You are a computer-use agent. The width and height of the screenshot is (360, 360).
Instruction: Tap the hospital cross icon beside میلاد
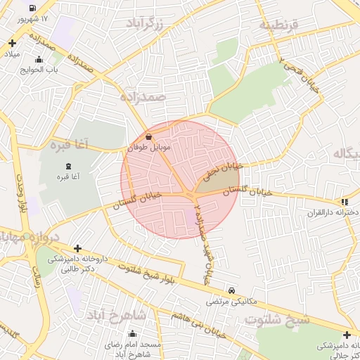coord(12,44)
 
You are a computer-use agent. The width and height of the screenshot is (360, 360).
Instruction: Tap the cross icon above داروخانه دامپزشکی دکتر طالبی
coord(77,248)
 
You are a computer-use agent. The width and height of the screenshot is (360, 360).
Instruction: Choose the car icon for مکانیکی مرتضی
coord(231,290)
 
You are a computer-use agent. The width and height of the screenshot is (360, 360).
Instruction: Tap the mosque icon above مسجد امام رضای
coord(131,334)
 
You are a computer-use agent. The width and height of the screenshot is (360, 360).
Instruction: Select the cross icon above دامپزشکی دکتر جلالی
coord(347,335)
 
